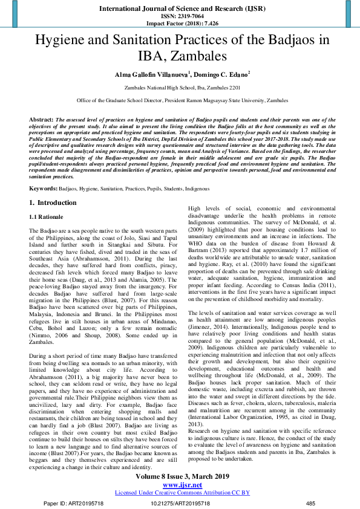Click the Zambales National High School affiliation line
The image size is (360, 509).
click(180, 88)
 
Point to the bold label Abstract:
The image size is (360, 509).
click(42, 120)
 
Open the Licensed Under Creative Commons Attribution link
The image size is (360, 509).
click(180, 493)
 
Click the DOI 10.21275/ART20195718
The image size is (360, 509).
click(180, 502)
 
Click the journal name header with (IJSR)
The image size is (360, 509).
click(180, 8)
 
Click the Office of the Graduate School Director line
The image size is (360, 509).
click(180, 100)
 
